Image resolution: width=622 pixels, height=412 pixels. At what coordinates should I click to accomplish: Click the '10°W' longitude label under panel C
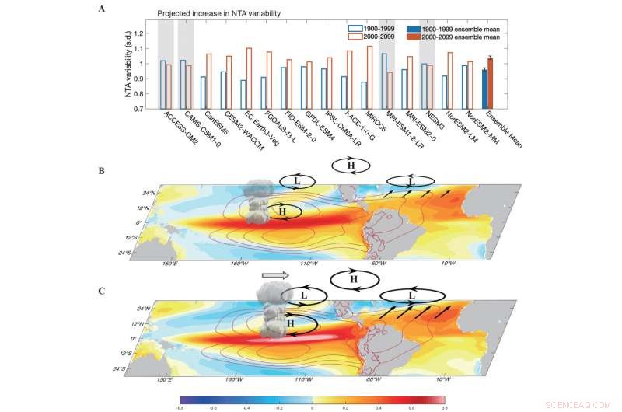point(443,379)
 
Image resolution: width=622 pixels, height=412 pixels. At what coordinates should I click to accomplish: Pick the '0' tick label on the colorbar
point(312,405)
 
